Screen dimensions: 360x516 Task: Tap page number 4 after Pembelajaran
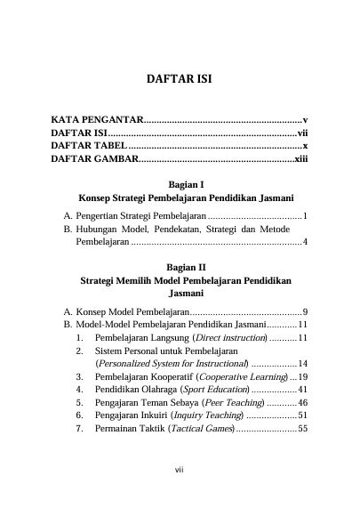(x=304, y=242)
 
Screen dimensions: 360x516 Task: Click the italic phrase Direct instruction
(x=229, y=338)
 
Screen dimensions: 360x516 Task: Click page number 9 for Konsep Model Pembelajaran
(x=304, y=311)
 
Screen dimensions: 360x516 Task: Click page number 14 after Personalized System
(x=301, y=364)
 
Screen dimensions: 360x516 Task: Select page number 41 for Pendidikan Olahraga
(x=301, y=390)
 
